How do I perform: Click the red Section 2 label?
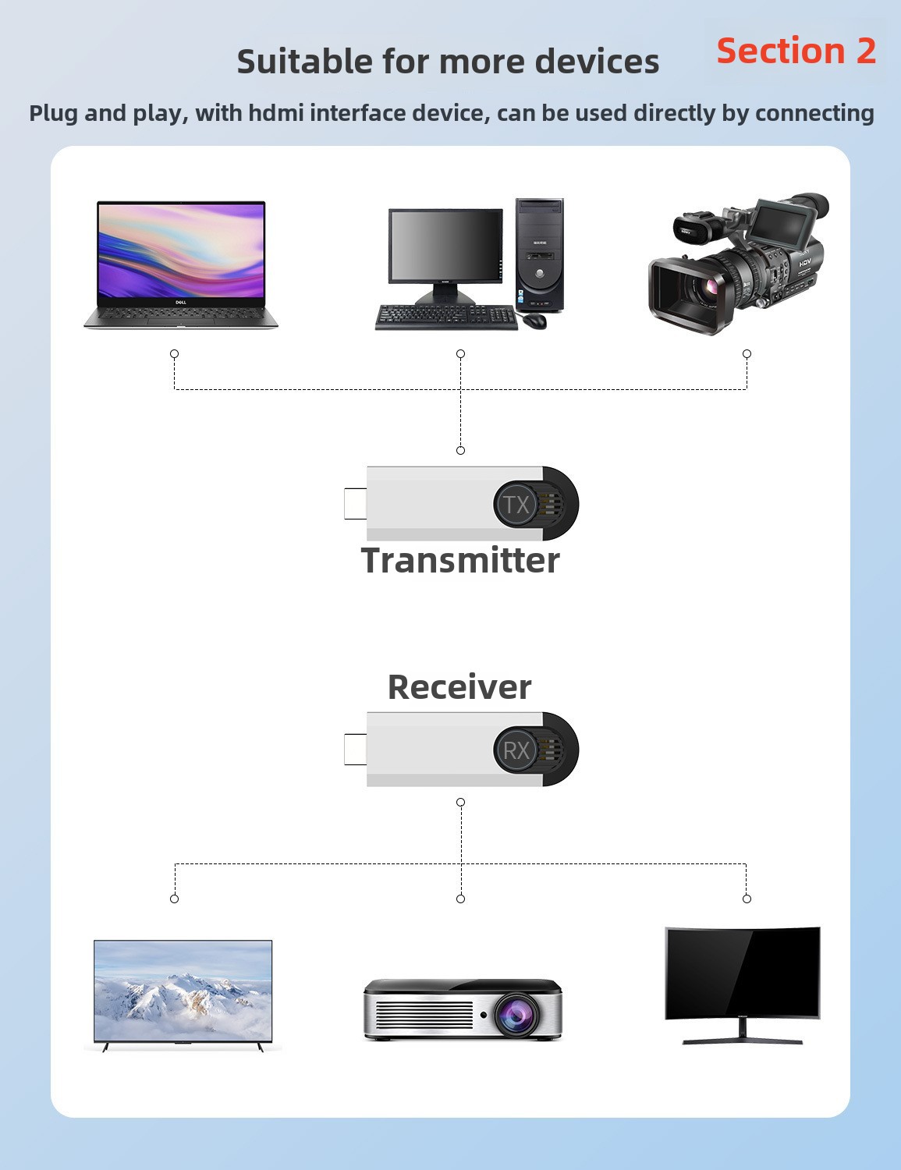pos(796,51)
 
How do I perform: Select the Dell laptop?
pos(181,264)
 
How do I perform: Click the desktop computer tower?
pos(539,255)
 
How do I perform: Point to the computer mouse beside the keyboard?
pos(534,321)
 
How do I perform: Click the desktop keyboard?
pos(446,317)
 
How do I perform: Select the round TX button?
pos(516,505)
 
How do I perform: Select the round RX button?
pos(516,750)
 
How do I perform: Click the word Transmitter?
pos(460,561)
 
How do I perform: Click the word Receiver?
pos(459,687)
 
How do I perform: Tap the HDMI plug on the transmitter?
pos(355,504)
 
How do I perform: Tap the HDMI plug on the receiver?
pos(355,750)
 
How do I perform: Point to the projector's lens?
pos(516,1014)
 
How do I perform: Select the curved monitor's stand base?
pos(743,1041)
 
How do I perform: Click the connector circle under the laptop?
pos(175,354)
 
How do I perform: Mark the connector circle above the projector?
pos(461,899)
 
